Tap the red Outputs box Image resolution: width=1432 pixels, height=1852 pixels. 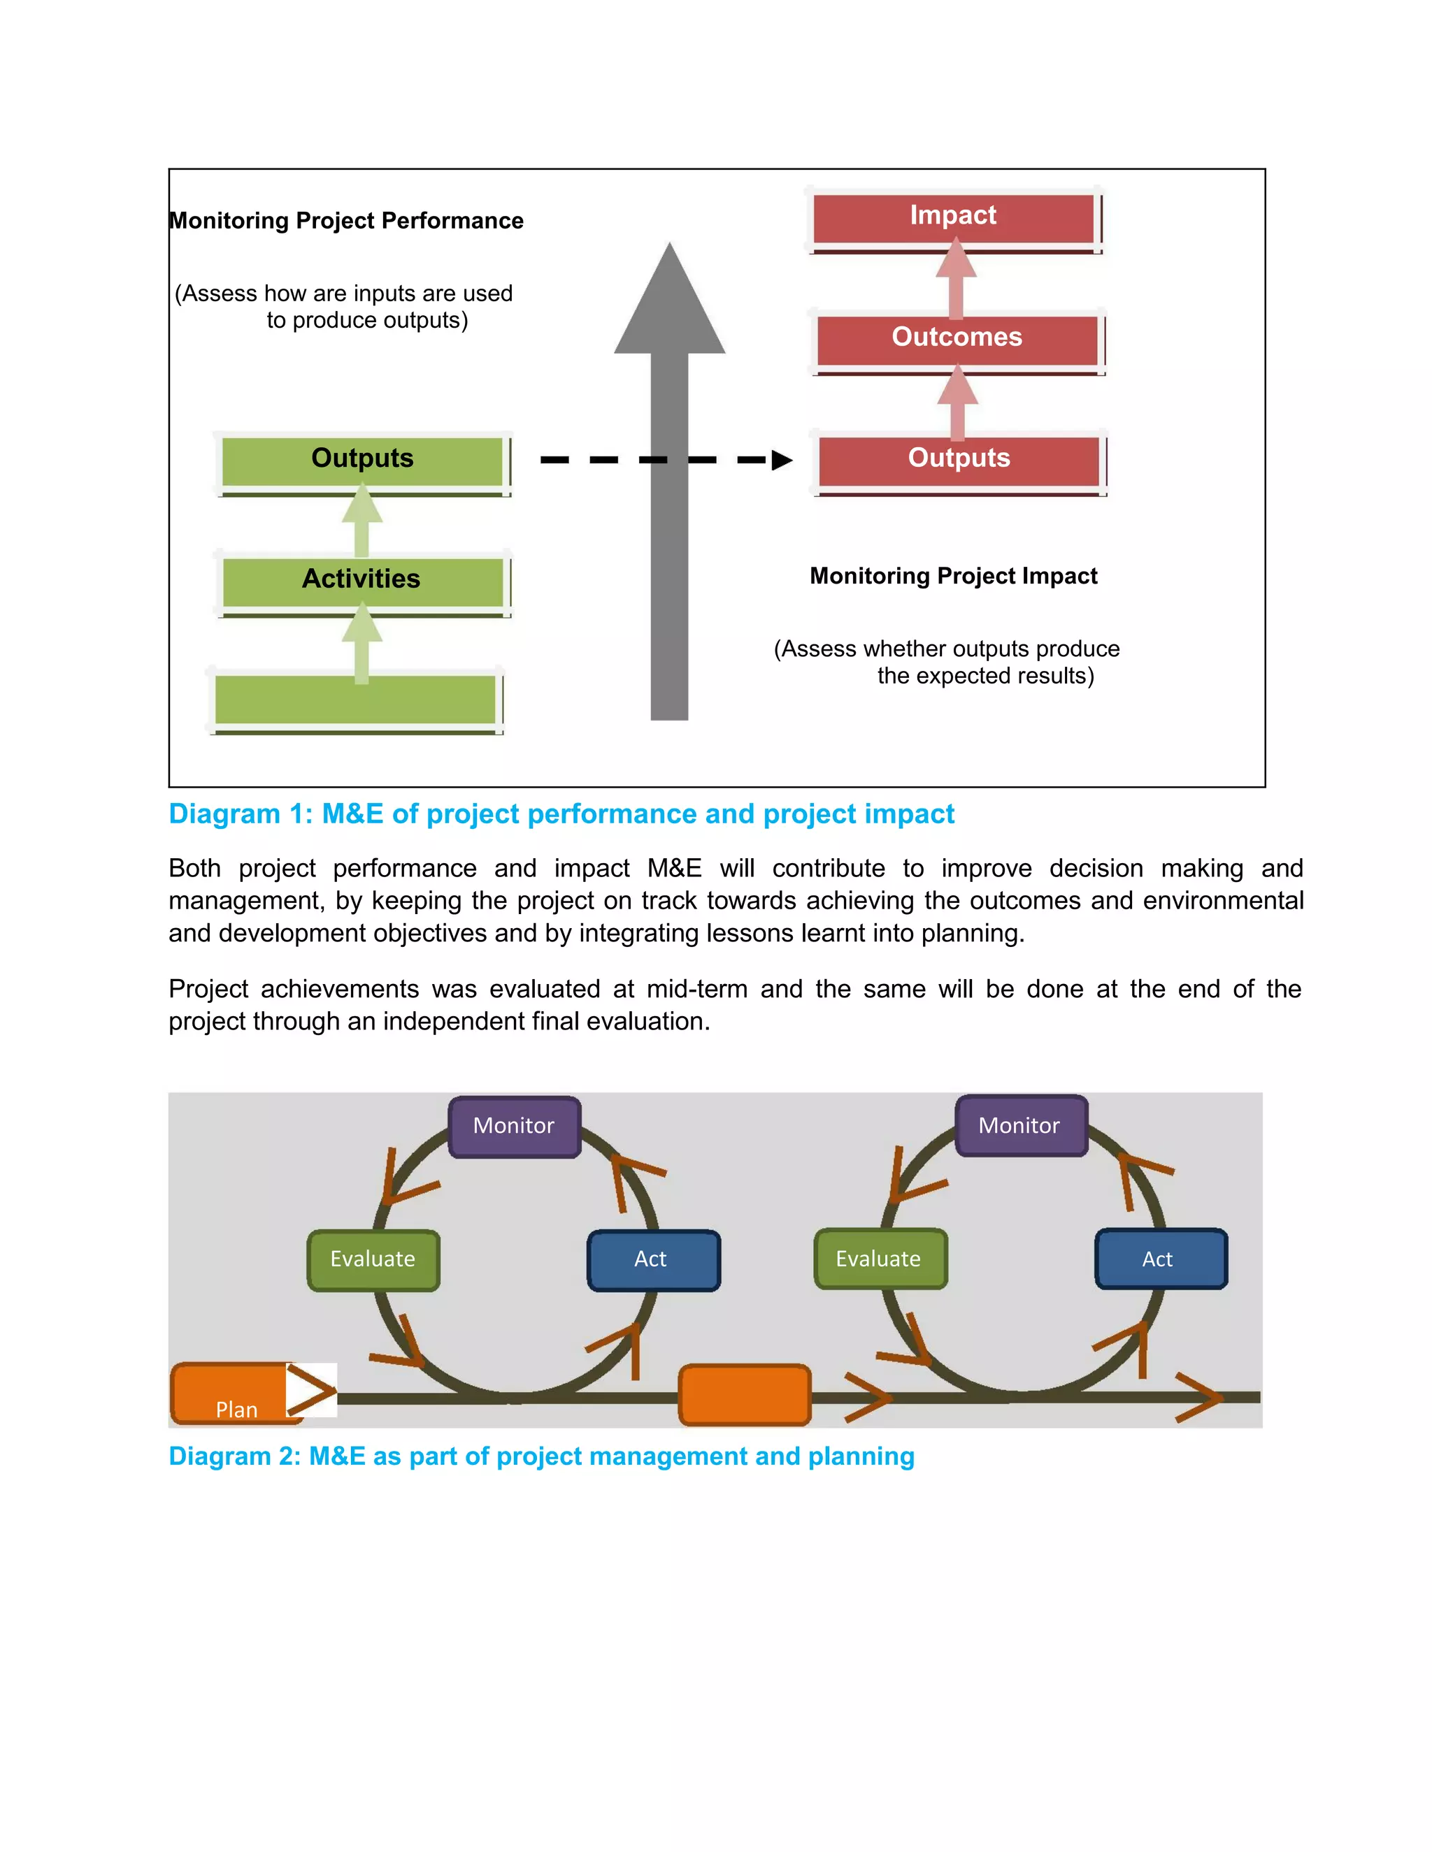[x=959, y=460]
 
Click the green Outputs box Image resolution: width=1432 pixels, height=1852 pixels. [x=362, y=460]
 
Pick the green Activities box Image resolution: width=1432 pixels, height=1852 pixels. [x=362, y=581]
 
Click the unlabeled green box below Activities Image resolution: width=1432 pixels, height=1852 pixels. [x=355, y=699]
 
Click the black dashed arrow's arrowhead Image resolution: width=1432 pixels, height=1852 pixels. [x=781, y=461]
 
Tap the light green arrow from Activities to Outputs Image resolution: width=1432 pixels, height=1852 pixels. [x=362, y=519]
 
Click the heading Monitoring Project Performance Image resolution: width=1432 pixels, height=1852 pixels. [x=346, y=220]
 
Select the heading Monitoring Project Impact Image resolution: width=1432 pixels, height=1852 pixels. [x=953, y=576]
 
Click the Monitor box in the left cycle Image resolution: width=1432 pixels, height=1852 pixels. [x=514, y=1126]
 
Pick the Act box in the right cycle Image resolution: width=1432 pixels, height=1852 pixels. [x=1161, y=1259]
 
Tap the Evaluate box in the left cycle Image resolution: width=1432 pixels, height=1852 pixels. [x=373, y=1259]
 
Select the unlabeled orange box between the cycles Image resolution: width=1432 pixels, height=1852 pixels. [x=745, y=1394]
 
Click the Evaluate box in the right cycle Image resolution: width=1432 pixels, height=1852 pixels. [x=880, y=1259]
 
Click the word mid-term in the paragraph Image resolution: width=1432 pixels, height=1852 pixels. [x=696, y=989]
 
